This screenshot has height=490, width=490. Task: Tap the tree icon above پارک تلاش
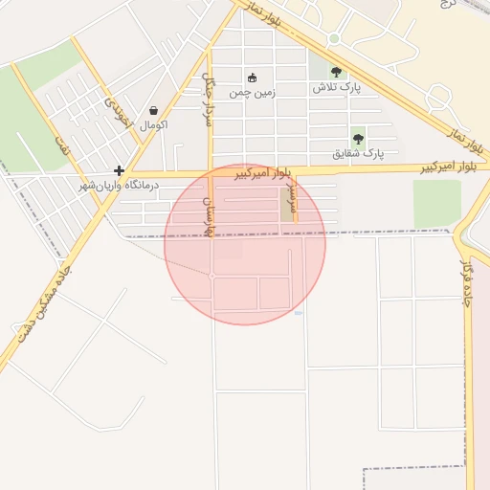click(x=335, y=71)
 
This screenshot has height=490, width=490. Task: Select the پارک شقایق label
click(x=358, y=153)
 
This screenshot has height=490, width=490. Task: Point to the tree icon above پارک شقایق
click(x=358, y=138)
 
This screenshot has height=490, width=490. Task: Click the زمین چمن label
click(x=253, y=94)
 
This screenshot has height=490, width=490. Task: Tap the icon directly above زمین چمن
click(x=252, y=78)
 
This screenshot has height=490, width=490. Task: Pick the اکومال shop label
click(x=153, y=125)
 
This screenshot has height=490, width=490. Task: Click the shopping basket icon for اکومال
click(x=153, y=110)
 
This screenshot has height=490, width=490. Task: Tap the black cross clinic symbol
click(x=119, y=169)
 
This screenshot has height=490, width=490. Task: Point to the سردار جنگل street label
click(x=209, y=86)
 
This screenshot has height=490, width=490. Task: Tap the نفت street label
click(x=63, y=144)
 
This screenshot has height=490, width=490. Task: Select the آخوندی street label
click(x=114, y=114)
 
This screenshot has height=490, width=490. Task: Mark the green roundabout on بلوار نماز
click(x=334, y=38)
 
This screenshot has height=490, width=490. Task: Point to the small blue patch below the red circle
click(x=299, y=313)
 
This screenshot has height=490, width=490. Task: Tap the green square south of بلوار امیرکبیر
click(x=436, y=204)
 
